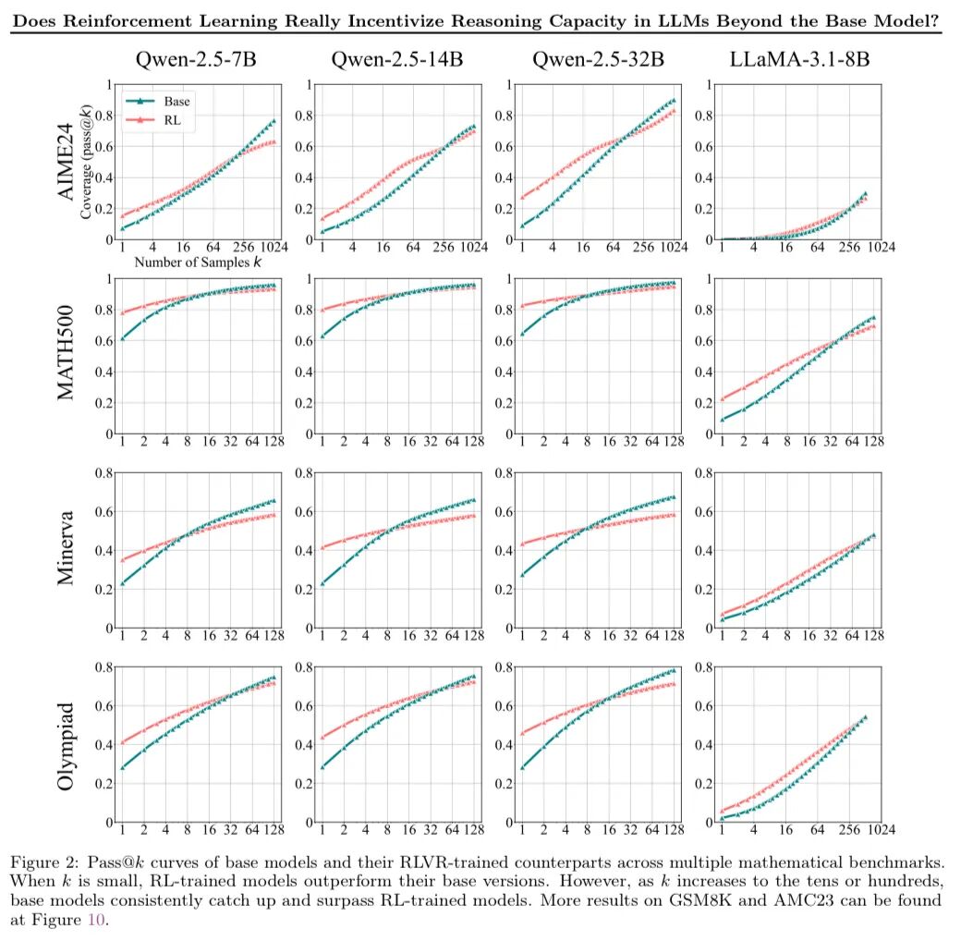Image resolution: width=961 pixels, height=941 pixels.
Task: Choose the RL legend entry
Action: click(159, 119)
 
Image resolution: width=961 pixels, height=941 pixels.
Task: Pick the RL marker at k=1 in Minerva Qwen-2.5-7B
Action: click(122, 559)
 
